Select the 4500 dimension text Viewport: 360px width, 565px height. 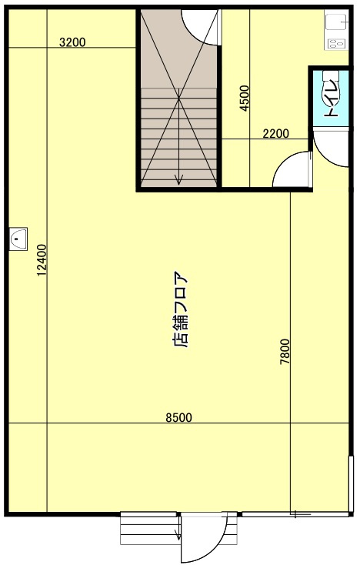tap(245, 98)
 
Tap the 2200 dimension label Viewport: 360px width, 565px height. tap(275, 134)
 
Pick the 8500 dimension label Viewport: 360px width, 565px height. tap(178, 417)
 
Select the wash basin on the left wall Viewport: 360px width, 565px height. tap(18, 239)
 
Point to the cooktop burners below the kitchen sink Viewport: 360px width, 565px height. tap(336, 44)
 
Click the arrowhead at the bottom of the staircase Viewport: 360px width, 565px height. tap(178, 181)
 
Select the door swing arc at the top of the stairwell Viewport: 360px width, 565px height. tap(202, 27)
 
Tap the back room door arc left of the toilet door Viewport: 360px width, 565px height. tap(293, 169)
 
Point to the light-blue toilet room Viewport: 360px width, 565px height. tap(331, 96)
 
